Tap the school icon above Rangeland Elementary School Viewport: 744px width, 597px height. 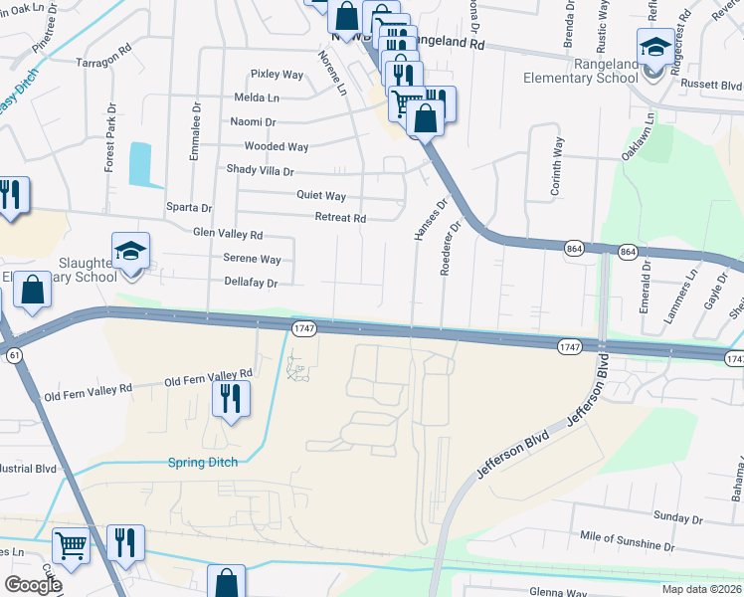coord(655,46)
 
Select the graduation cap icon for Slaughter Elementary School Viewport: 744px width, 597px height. coord(129,253)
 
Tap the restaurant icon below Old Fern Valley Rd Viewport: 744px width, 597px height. coord(230,399)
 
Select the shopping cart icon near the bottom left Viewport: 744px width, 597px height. coord(70,544)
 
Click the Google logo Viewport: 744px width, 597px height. coord(33,585)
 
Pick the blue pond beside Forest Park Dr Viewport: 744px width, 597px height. coord(140,164)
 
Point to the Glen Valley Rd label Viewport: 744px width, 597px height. coord(228,235)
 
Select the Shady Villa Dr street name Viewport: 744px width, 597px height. coord(261,169)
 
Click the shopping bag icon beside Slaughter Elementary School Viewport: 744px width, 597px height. coord(33,291)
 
